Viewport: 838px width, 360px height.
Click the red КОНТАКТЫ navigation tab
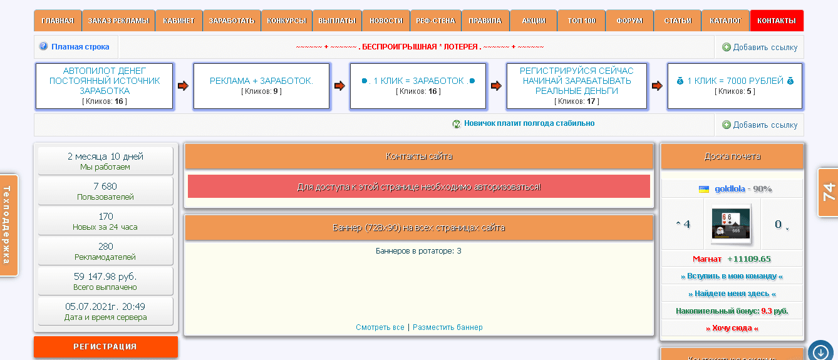click(x=776, y=21)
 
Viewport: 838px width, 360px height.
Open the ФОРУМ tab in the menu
click(x=629, y=21)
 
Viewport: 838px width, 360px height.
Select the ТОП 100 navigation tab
click(x=581, y=21)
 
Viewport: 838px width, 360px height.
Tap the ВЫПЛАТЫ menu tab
click(x=336, y=21)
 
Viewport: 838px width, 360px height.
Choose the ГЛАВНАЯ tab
click(x=58, y=21)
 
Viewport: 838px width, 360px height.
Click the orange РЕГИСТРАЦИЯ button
click(x=105, y=346)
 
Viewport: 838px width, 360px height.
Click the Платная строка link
click(x=80, y=47)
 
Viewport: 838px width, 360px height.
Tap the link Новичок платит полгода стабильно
click(x=529, y=123)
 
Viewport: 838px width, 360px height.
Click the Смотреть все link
click(x=380, y=327)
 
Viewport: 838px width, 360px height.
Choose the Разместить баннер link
click(x=447, y=327)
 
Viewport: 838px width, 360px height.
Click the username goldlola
click(x=730, y=188)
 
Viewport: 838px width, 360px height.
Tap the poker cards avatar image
click(x=732, y=224)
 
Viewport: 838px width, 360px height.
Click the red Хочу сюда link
click(x=732, y=328)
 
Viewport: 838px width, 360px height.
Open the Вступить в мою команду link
click(x=732, y=276)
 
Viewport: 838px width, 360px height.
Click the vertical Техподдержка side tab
click(x=8, y=225)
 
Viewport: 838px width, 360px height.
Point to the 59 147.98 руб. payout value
click(x=105, y=277)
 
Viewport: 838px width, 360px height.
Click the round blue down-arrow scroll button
click(x=820, y=351)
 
